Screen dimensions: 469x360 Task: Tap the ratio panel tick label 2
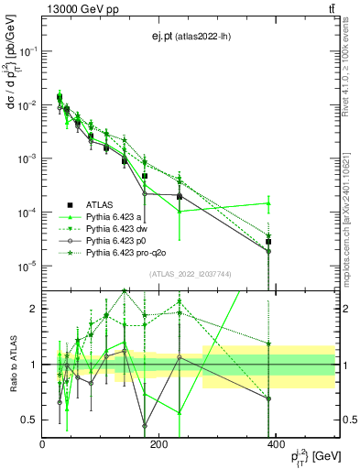pos(35,309)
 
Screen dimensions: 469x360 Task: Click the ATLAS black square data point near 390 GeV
pos(268,242)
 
